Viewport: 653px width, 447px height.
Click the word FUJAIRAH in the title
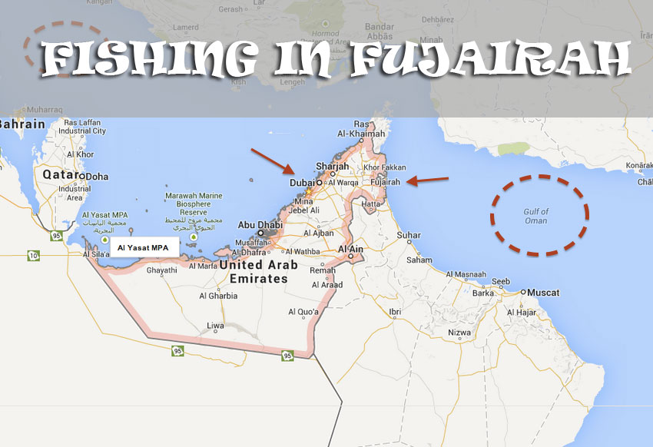point(491,59)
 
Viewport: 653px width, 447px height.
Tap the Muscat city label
point(542,293)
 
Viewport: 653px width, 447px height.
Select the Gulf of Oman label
point(535,216)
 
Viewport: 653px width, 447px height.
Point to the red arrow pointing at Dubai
point(272,161)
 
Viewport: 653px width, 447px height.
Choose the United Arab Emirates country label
point(254,272)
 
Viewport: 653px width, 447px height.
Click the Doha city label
point(96,177)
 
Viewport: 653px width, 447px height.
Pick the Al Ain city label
point(350,250)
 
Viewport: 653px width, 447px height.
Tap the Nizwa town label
point(459,333)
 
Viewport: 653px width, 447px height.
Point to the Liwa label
point(216,326)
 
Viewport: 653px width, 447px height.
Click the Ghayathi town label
point(161,270)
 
